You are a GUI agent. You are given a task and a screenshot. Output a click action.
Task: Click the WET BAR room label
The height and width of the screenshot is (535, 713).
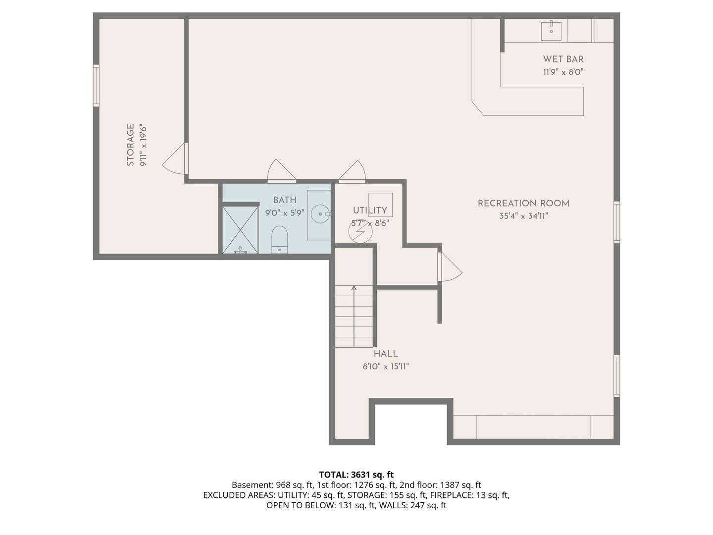coord(563,59)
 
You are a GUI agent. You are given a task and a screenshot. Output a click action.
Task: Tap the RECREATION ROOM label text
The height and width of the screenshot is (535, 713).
coord(523,203)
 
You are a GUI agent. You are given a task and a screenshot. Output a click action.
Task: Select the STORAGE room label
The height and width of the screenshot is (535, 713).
coord(130,145)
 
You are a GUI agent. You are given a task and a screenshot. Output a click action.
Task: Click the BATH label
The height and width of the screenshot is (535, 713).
coord(285,200)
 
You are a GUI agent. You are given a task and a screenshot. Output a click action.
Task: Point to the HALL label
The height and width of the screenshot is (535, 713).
coord(386,354)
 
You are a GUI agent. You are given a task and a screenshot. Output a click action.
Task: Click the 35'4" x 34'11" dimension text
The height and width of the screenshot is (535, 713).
coord(523,216)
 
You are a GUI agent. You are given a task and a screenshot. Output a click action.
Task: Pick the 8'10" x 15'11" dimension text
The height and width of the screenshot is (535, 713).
coord(386,367)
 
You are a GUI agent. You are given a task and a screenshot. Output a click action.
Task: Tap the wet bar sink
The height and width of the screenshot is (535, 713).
coord(551,31)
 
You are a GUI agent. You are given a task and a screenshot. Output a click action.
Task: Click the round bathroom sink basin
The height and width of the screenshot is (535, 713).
coord(320,214)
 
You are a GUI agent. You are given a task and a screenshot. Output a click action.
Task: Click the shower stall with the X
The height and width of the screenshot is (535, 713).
coord(240,230)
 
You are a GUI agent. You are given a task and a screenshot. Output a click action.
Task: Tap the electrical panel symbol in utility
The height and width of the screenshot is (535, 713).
coord(360,231)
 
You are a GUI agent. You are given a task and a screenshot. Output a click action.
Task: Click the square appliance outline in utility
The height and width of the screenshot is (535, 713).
coord(380,205)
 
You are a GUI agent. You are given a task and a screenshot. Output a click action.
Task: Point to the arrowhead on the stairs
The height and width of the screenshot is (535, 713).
coord(354,288)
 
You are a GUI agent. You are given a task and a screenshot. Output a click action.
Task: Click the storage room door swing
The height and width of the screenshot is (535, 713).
coord(174,158)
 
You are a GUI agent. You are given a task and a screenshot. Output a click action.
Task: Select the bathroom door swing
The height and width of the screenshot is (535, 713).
coord(281,170)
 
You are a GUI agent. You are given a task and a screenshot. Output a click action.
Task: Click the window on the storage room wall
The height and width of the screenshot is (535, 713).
coord(96,85)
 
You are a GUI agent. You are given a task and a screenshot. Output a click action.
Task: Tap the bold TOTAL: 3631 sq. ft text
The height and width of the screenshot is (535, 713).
coord(356,475)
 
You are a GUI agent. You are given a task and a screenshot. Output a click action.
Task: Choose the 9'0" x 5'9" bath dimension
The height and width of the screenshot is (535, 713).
coord(285,213)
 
